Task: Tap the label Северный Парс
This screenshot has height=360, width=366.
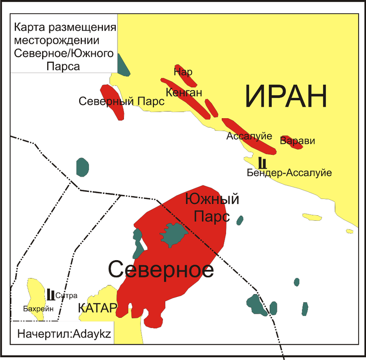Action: coord(121,101)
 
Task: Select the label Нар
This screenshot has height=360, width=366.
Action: coord(183,72)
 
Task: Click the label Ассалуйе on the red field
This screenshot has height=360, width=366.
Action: coord(249,136)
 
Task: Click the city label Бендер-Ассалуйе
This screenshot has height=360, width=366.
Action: coord(289,173)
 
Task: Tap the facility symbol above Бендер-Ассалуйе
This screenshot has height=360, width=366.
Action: coord(263,162)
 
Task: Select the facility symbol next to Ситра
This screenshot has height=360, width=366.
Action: coord(51,293)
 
